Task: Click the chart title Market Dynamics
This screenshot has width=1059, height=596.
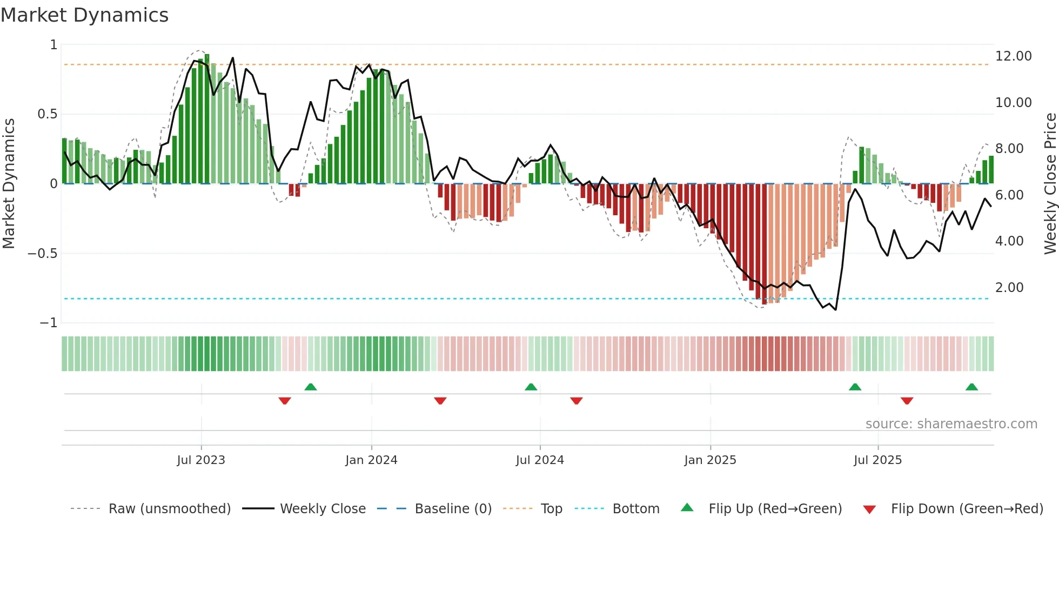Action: (85, 15)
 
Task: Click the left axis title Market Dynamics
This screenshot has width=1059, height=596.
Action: (9, 183)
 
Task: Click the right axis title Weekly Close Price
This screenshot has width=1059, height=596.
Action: (1050, 183)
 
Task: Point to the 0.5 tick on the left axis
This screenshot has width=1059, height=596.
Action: (47, 114)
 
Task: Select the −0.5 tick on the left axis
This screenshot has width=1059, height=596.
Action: (43, 254)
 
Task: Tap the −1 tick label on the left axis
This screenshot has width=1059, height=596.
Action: (48, 323)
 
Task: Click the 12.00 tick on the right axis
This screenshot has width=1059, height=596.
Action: (1013, 56)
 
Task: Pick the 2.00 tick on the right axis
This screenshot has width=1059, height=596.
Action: (1009, 288)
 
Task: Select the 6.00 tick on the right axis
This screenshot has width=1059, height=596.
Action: (1009, 195)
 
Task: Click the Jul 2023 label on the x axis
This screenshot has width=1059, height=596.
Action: (201, 460)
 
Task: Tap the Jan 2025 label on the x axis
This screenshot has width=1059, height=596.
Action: (710, 460)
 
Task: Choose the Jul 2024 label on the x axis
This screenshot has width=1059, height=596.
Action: (540, 460)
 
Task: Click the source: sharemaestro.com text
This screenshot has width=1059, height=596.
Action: (951, 424)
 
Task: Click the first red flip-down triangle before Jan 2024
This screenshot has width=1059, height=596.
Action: (285, 401)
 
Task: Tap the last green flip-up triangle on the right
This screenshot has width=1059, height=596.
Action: (971, 387)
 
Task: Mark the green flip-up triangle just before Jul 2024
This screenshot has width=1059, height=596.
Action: (531, 387)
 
